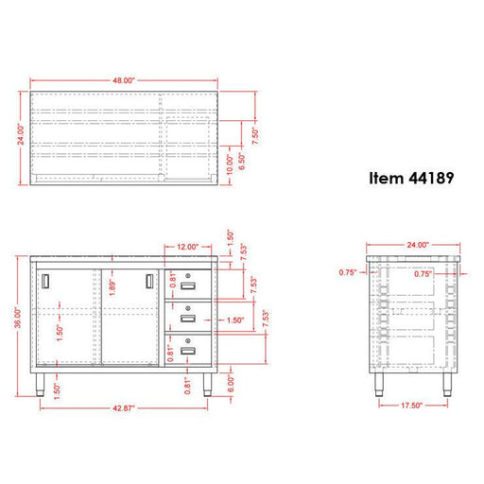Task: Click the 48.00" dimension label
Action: pyautogui.click(x=124, y=80)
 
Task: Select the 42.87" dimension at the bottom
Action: pyautogui.click(x=124, y=408)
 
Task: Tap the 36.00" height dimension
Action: pyautogui.click(x=18, y=318)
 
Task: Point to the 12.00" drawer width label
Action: pyautogui.click(x=188, y=247)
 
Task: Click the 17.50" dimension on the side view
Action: pyautogui.click(x=412, y=406)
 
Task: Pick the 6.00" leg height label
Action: pyautogui.click(x=231, y=384)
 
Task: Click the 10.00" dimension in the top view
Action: pyautogui.click(x=230, y=164)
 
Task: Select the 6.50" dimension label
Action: pyautogui.click(x=242, y=162)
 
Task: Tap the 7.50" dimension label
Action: pyautogui.click(x=255, y=136)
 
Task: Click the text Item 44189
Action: pyautogui.click(x=411, y=178)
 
